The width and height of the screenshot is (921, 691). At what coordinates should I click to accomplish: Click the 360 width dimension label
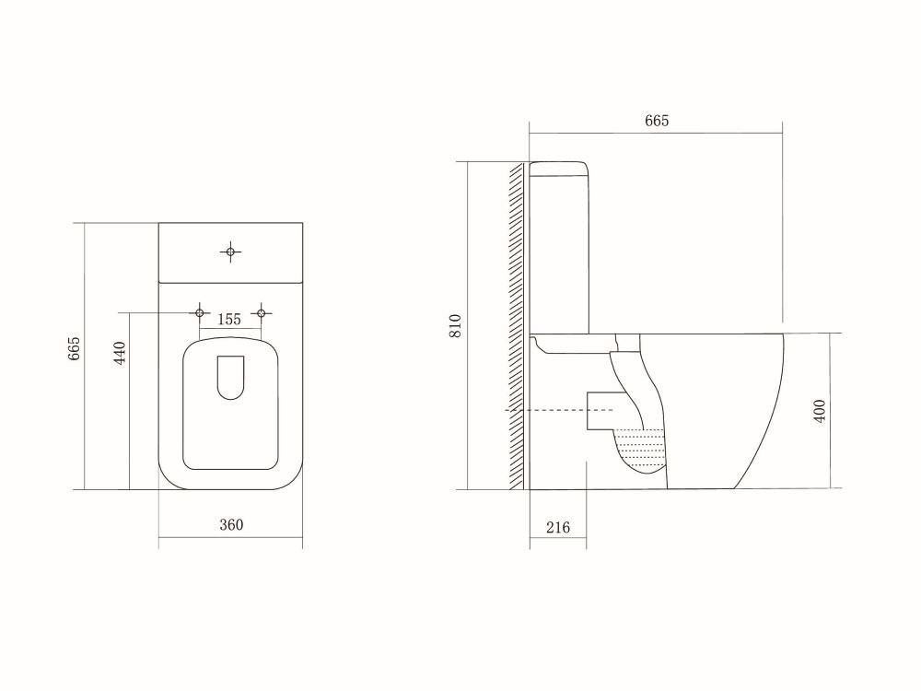point(231,525)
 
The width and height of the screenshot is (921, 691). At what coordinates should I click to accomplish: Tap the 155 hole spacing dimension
point(229,320)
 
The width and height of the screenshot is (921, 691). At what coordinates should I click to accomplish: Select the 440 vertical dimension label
point(120,353)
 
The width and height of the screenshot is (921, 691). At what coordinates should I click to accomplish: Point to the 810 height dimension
point(456,325)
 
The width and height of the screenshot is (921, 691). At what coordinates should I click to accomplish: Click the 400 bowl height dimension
point(820,410)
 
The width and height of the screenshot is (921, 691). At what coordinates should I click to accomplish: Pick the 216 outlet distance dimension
point(558,528)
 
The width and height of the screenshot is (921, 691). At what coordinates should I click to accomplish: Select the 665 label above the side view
point(657,121)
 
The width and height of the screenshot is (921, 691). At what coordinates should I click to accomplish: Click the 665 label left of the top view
point(74,348)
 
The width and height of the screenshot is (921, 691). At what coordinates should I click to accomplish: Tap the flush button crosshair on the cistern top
point(231,252)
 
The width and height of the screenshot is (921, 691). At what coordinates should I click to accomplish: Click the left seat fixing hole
point(200,312)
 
